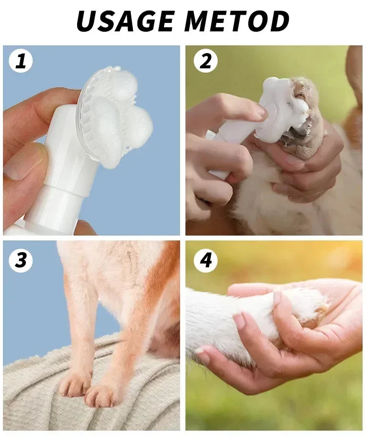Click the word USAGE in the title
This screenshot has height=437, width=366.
click(x=126, y=21)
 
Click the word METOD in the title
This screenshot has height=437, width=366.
click(x=237, y=21)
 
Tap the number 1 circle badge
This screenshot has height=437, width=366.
click(x=20, y=61)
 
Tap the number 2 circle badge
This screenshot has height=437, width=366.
click(x=205, y=61)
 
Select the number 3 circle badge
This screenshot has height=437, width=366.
click(x=20, y=260)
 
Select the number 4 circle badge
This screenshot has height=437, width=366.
click(x=205, y=260)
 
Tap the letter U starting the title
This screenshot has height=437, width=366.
click(x=88, y=21)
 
